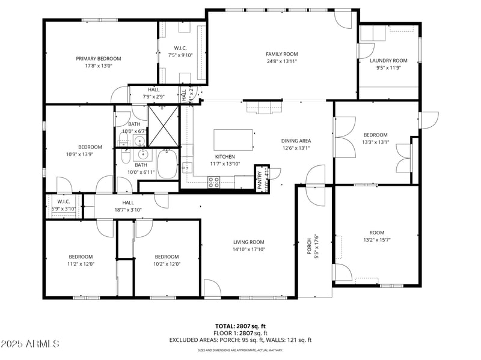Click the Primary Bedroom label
pos(98,58)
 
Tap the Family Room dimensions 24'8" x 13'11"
pos(282,61)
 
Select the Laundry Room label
pos(388,60)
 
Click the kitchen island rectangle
pos(233,141)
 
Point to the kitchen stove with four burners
pos(213,182)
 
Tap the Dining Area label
pos(296,141)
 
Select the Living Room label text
pos(249,242)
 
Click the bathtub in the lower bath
pos(167,165)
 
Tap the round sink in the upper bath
pos(139,141)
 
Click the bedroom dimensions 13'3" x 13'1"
pos(375,142)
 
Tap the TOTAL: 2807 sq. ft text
pos(240,326)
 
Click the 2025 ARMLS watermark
pos(30,344)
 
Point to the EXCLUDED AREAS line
pos(240,340)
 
